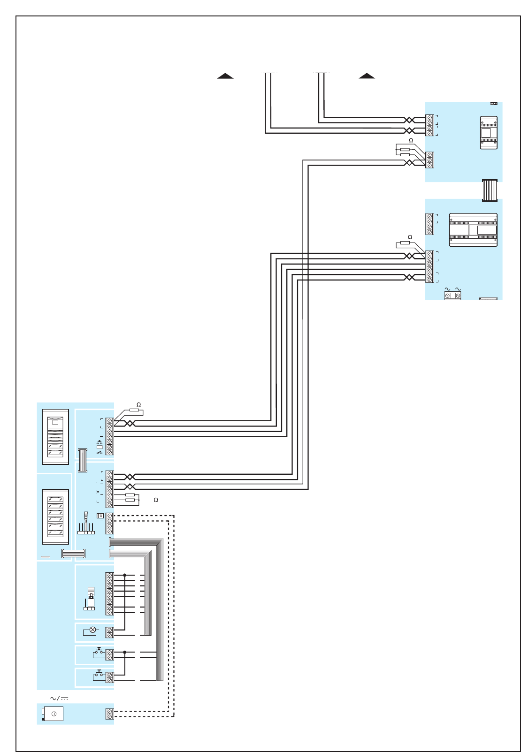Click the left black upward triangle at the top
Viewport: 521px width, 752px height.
click(x=225, y=76)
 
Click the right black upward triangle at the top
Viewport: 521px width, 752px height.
click(x=367, y=76)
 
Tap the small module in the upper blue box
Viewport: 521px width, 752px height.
click(x=489, y=133)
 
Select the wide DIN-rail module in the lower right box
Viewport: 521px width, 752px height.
click(x=473, y=230)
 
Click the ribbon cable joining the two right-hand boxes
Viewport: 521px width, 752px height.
click(x=490, y=190)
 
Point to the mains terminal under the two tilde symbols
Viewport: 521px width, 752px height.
click(x=452, y=296)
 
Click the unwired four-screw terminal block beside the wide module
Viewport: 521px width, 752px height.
click(x=429, y=224)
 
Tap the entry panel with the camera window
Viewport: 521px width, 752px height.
click(x=55, y=437)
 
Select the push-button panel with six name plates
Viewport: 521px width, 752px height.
click(x=55, y=517)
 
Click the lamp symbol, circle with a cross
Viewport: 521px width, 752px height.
click(x=92, y=630)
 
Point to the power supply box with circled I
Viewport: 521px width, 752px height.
click(x=53, y=714)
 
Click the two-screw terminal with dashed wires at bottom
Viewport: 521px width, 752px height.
click(x=109, y=714)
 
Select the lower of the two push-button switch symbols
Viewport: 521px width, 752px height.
click(x=99, y=674)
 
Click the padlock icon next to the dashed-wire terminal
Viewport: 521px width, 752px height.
click(x=100, y=516)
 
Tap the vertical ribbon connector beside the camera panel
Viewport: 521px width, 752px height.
click(x=83, y=460)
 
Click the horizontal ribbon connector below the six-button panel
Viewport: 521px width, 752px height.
click(x=74, y=554)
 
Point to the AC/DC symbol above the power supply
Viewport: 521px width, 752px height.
click(x=59, y=699)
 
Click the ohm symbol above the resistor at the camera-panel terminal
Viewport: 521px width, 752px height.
click(x=138, y=404)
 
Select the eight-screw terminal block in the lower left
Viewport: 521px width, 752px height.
click(x=109, y=594)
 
